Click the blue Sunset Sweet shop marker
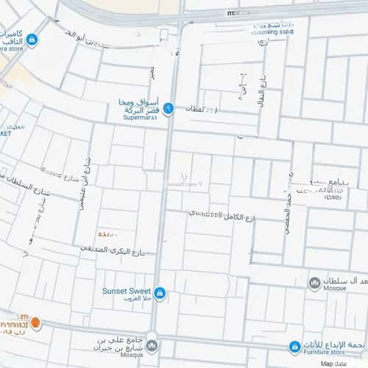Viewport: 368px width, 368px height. pos(160,294)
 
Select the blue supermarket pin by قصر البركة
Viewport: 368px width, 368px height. pos(168,109)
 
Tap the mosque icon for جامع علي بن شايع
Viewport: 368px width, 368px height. pos(152,344)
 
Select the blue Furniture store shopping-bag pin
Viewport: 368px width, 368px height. pos(294,346)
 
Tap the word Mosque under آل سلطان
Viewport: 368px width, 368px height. pos(336,291)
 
